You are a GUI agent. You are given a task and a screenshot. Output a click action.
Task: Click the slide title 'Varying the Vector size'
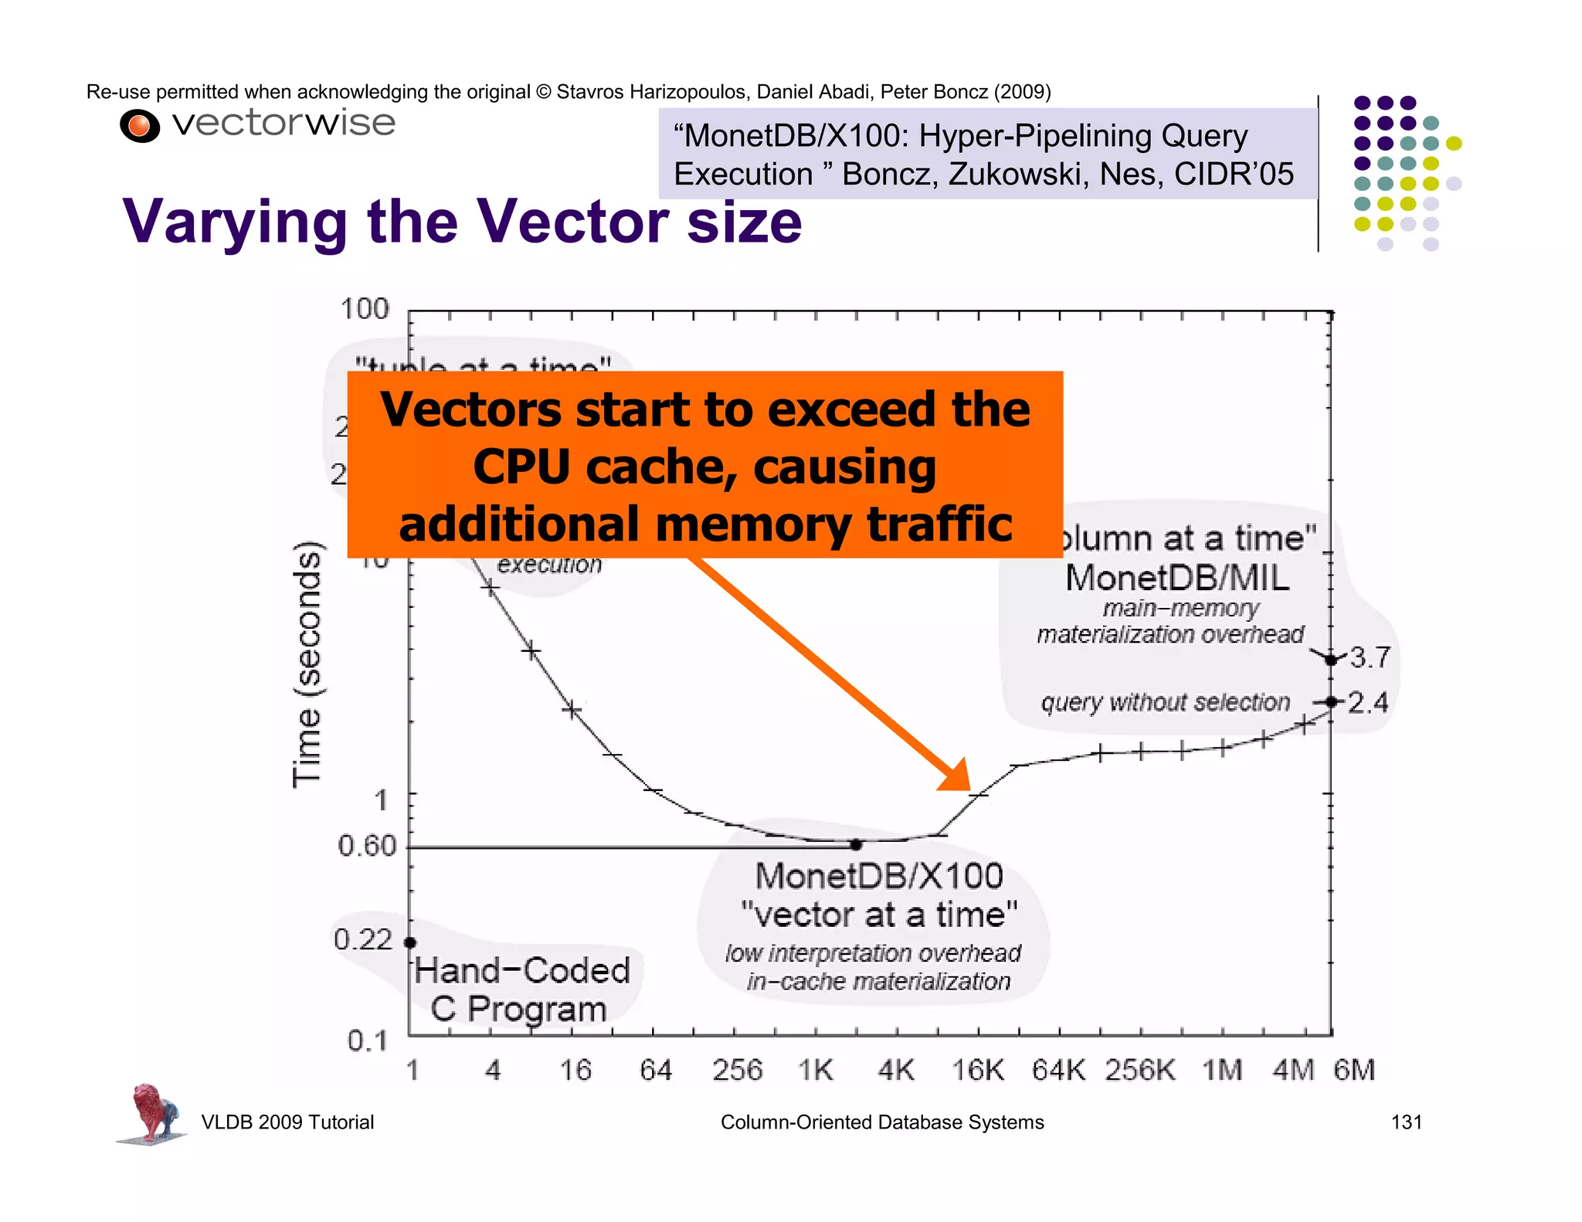(462, 222)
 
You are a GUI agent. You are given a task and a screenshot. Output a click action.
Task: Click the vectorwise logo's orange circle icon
(140, 126)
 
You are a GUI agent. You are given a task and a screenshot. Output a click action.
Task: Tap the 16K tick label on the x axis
(978, 1071)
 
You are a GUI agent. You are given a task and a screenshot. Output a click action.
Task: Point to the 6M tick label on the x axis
(1354, 1071)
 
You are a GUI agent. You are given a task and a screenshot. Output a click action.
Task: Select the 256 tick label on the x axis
(737, 1071)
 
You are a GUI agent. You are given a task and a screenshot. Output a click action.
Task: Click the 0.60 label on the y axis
(367, 846)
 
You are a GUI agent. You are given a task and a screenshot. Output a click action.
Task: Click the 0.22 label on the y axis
(363, 939)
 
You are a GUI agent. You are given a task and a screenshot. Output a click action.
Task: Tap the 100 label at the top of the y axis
(365, 309)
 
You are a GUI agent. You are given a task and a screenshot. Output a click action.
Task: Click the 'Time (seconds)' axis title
(307, 664)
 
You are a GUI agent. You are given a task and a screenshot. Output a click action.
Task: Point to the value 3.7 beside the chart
(1370, 657)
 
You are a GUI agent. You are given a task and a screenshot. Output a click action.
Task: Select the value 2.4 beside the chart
(1368, 702)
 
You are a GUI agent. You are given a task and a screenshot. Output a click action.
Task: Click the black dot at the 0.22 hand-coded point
(411, 942)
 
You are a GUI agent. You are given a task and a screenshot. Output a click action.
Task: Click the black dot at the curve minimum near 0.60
(856, 845)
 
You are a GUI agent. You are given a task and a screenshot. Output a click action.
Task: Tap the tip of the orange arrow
(969, 788)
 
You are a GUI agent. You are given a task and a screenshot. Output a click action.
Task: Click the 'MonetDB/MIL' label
(1177, 578)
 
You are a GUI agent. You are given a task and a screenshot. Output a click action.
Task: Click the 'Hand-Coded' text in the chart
(522, 971)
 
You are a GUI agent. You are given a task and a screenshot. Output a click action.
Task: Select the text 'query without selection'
(1166, 702)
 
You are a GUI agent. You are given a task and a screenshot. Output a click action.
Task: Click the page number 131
(1406, 1122)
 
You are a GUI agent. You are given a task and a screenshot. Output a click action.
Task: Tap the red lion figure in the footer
(152, 1112)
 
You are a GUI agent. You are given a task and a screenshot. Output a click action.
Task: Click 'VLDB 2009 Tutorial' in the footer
(287, 1122)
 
